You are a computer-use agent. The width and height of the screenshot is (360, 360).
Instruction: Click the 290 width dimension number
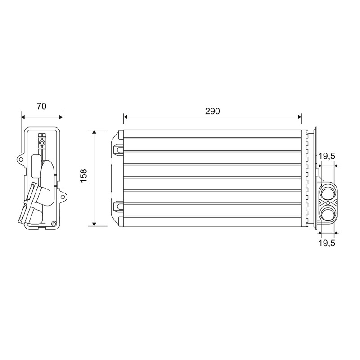coord(212,111)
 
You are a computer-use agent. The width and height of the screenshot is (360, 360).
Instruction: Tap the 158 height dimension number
coord(84,175)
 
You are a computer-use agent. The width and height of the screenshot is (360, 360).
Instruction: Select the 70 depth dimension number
coord(41,106)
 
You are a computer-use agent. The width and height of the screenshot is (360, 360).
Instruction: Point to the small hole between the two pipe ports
coord(328,203)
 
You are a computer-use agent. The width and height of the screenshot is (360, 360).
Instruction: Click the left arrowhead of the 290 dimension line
coord(126,117)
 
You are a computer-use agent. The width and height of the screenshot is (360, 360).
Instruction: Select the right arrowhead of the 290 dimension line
coord(300,117)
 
